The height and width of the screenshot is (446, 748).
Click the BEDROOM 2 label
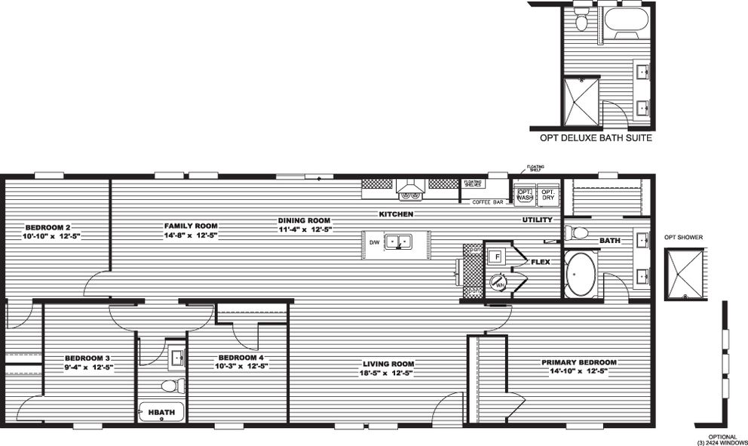[48, 227]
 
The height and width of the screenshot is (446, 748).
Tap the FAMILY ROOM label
[191, 226]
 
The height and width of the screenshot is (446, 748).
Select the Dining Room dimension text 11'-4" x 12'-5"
[305, 229]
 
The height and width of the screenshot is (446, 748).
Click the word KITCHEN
[396, 215]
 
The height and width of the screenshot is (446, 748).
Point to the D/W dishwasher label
[374, 242]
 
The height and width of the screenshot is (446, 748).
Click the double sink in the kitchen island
[397, 242]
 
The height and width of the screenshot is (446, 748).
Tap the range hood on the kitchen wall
[412, 188]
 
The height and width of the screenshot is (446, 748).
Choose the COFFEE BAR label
[486, 201]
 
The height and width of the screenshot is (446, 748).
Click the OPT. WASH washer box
[525, 194]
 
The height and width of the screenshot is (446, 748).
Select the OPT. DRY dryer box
[549, 194]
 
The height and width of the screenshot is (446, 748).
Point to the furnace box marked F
[497, 257]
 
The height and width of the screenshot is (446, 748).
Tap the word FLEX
[540, 263]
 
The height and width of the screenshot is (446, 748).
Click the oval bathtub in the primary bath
[580, 275]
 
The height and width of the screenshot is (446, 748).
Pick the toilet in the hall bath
[173, 386]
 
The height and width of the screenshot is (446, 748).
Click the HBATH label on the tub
[159, 412]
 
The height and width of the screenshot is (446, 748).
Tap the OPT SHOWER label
[683, 237]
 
